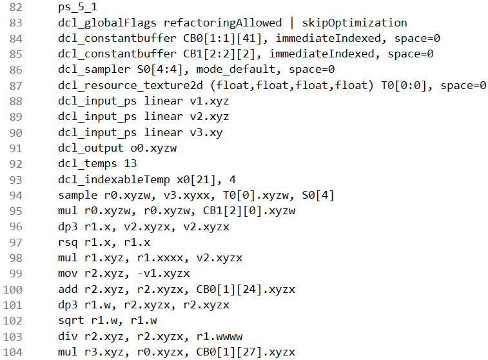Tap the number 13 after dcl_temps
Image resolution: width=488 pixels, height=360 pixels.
click(130, 163)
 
